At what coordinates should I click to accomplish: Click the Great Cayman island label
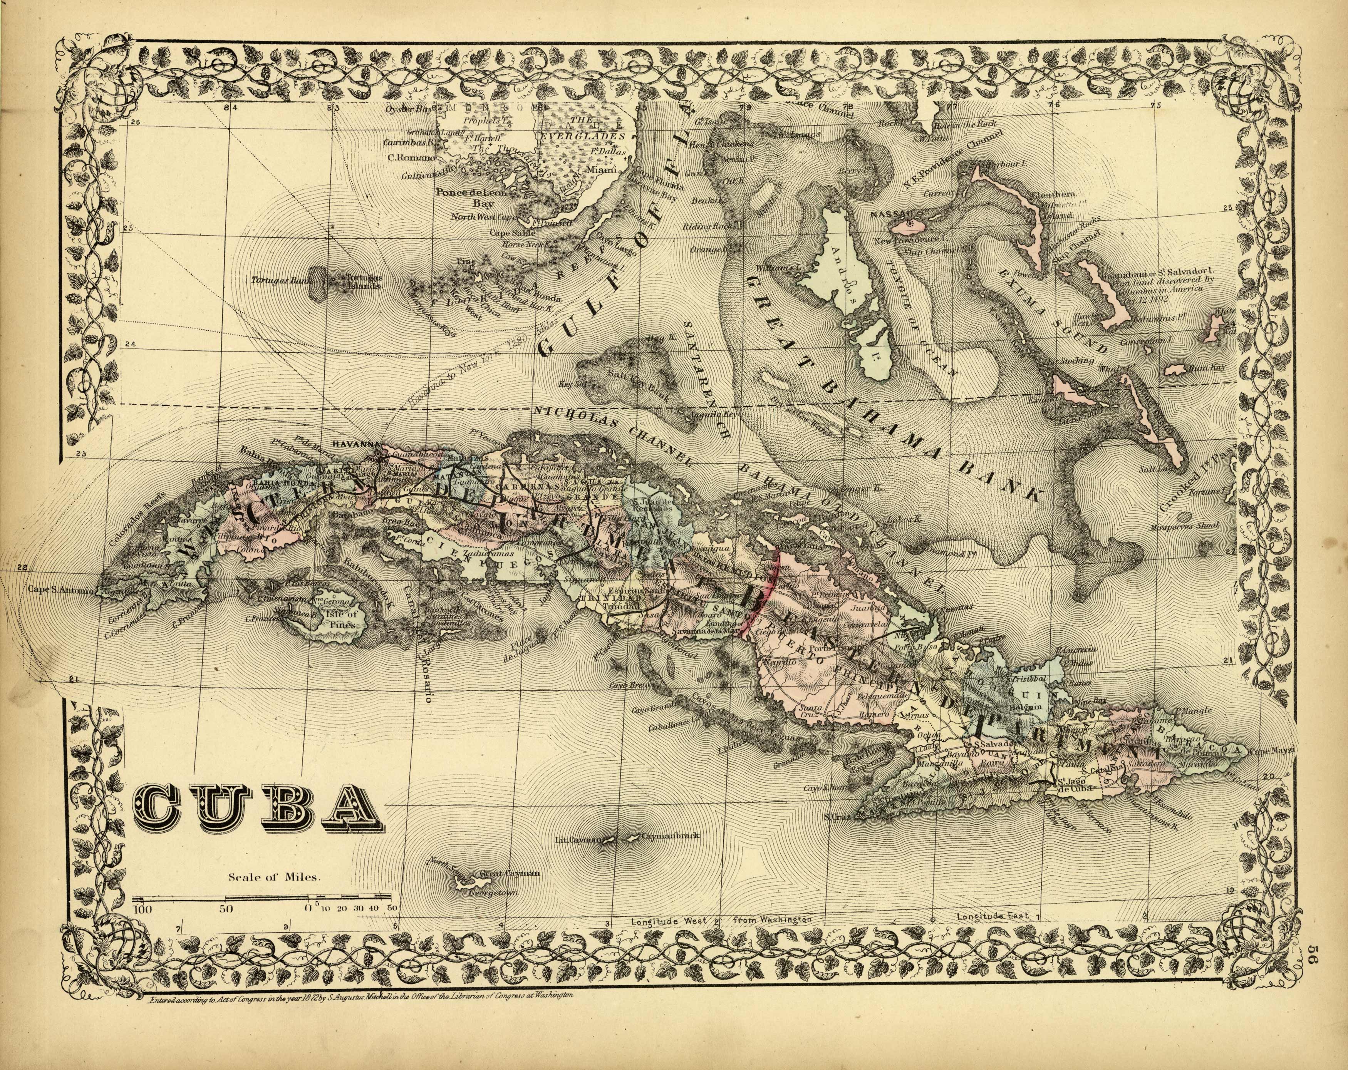pos(510,874)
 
